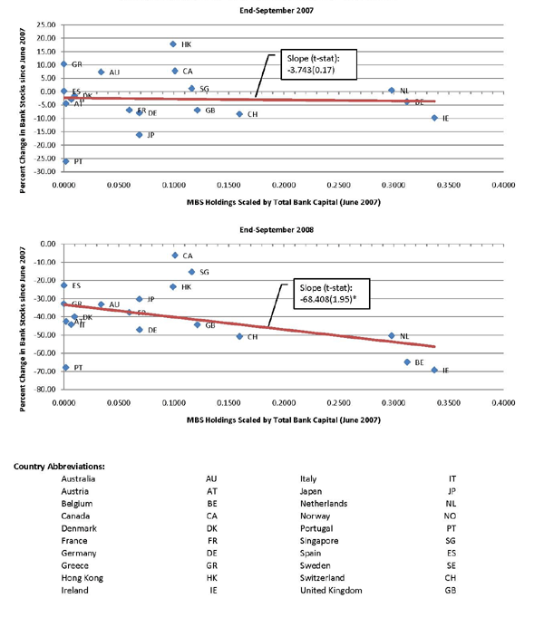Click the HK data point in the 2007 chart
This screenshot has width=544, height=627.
coord(172,43)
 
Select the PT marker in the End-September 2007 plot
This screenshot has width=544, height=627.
coord(65,160)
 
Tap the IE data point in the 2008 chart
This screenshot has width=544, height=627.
coord(434,370)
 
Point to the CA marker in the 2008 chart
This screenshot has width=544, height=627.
coord(174,256)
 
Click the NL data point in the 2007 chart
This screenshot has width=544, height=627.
coord(392,91)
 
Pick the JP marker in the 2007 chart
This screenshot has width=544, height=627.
coord(140,135)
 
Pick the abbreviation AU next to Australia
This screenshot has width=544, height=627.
coord(211,479)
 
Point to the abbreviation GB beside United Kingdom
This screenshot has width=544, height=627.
coord(451,590)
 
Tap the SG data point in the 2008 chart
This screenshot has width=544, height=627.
coord(191,272)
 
